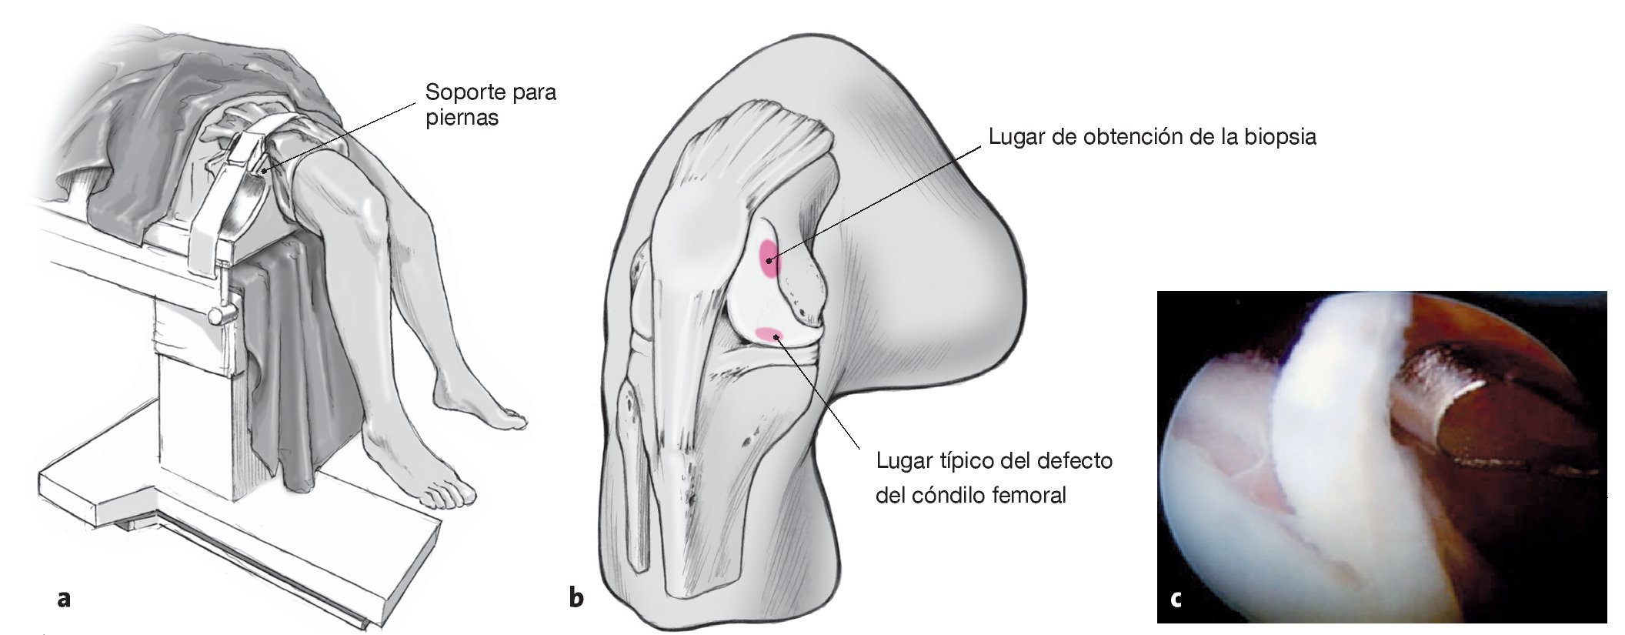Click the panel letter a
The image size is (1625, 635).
(x=64, y=598)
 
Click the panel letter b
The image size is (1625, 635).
(x=576, y=597)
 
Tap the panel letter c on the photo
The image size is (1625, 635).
(x=1175, y=598)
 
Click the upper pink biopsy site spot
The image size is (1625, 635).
(x=769, y=259)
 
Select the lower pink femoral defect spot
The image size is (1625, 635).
(x=769, y=334)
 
